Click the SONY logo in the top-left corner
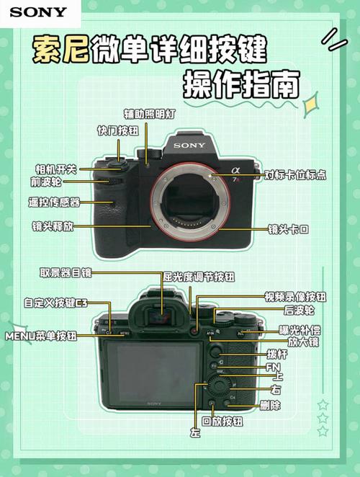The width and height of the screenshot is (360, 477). pyautogui.click(x=38, y=12)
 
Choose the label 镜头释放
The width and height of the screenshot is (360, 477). pyautogui.click(x=53, y=226)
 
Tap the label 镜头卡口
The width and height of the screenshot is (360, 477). pyautogui.click(x=288, y=229)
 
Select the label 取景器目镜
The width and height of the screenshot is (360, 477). pyautogui.click(x=66, y=272)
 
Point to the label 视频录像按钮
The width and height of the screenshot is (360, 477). pyautogui.click(x=295, y=296)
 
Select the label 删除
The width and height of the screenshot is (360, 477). pyautogui.click(x=271, y=406)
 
